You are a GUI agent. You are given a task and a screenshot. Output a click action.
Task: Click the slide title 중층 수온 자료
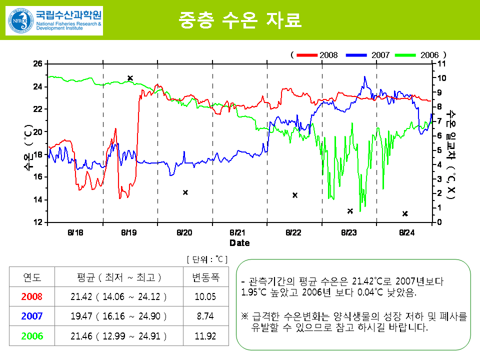240,19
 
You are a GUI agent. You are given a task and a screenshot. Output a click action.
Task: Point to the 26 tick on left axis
38,63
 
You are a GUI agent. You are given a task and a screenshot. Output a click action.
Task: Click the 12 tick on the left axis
38,222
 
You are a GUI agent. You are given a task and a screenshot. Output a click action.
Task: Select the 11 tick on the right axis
441,63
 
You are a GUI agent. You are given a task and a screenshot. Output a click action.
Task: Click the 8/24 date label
407,232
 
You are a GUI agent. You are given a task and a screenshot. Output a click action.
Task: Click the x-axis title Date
239,243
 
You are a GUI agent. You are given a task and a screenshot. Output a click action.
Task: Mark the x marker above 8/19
130,78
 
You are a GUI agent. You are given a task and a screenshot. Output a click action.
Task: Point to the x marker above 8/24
405,213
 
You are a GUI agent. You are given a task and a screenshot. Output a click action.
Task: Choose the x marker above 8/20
185,192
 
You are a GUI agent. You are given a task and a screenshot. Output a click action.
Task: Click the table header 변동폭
205,277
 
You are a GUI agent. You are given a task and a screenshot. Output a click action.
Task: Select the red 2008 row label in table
32,296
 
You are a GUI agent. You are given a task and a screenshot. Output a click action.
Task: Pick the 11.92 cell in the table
205,336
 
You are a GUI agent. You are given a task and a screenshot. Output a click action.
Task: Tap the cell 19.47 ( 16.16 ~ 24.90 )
118,316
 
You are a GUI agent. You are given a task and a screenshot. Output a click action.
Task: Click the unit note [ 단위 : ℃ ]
206,259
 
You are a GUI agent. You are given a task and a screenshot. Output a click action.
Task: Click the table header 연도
32,277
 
